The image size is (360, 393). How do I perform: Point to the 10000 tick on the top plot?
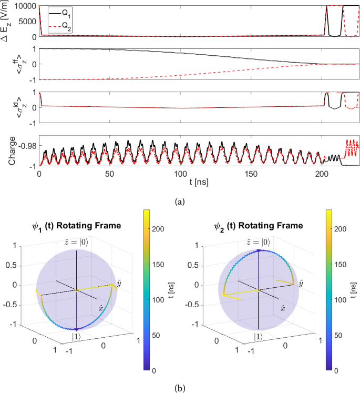pos(26,6)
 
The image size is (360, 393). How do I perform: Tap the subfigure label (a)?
pos(180,200)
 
